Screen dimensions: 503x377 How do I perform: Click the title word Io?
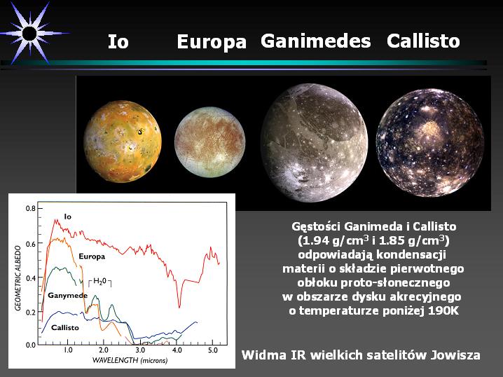118,41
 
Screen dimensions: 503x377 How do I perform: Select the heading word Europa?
212,42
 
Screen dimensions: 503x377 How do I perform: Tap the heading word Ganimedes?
316,41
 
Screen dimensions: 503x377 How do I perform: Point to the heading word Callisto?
423,41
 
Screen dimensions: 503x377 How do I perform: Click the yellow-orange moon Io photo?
123,142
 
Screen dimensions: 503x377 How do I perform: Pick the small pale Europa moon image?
209,142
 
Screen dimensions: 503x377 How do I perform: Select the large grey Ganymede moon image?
314,143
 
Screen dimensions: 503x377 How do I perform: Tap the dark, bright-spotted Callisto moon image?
430,143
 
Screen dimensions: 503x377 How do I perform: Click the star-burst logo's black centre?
30,34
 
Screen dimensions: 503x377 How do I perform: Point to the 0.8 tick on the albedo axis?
31,209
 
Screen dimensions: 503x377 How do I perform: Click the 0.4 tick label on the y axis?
31,278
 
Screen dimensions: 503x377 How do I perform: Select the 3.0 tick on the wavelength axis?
140,350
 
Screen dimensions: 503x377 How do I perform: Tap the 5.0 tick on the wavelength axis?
213,350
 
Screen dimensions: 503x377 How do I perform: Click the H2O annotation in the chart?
99,282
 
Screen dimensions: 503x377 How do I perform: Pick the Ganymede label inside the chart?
68,295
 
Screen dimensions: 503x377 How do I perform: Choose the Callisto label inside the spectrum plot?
65,327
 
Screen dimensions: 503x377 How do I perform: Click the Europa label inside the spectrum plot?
92,256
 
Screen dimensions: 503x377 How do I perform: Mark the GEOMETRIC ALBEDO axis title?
18,278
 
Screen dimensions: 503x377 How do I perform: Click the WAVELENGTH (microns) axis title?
130,360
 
